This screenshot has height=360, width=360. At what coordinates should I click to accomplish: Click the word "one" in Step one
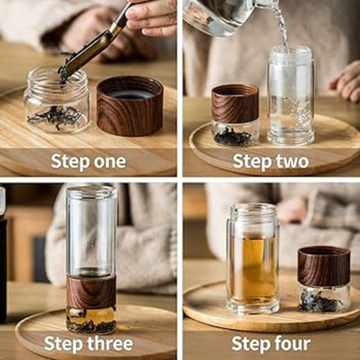click(x=106, y=162)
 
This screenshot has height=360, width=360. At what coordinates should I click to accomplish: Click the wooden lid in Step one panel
click(x=129, y=105)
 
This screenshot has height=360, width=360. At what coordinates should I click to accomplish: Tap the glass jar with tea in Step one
click(x=56, y=100)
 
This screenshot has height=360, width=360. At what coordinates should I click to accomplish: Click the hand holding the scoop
click(x=151, y=16)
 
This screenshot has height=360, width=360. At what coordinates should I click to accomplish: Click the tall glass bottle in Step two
click(x=290, y=95)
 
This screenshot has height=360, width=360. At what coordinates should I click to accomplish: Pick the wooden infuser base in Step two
click(x=235, y=105)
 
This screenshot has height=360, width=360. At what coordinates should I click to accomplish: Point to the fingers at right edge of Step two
click(x=348, y=82)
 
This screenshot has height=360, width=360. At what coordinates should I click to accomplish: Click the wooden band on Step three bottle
click(x=91, y=292)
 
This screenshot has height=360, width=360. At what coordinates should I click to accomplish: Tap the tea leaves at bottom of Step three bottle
click(x=91, y=325)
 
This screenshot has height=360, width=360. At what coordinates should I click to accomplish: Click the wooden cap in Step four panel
click(x=323, y=266)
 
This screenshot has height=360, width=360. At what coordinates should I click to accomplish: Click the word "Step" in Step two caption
click(x=250, y=162)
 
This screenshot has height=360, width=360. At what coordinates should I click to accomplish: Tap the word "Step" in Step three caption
click(x=66, y=344)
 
